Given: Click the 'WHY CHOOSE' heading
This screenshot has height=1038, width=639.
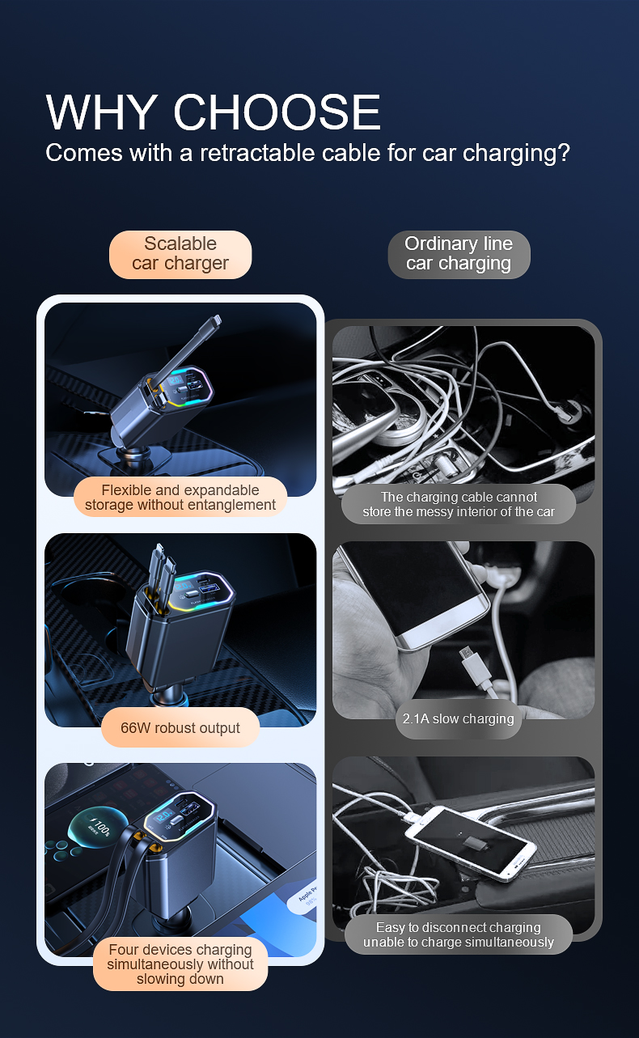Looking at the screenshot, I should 213,112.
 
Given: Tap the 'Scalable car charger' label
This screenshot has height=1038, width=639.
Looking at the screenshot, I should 180,254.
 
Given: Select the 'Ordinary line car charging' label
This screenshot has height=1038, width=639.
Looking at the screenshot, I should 459,254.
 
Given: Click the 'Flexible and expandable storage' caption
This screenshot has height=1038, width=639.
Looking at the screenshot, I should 180,498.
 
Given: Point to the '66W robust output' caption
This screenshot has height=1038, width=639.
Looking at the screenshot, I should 180,727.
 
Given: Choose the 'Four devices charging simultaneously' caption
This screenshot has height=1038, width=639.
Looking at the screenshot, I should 180,964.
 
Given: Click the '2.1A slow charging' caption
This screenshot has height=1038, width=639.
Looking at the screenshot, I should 459,718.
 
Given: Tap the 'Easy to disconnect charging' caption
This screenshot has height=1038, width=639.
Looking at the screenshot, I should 459,934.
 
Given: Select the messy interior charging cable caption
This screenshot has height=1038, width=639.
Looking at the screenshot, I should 459,504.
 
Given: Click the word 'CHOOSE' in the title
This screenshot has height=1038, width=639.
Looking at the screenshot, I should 277,112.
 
